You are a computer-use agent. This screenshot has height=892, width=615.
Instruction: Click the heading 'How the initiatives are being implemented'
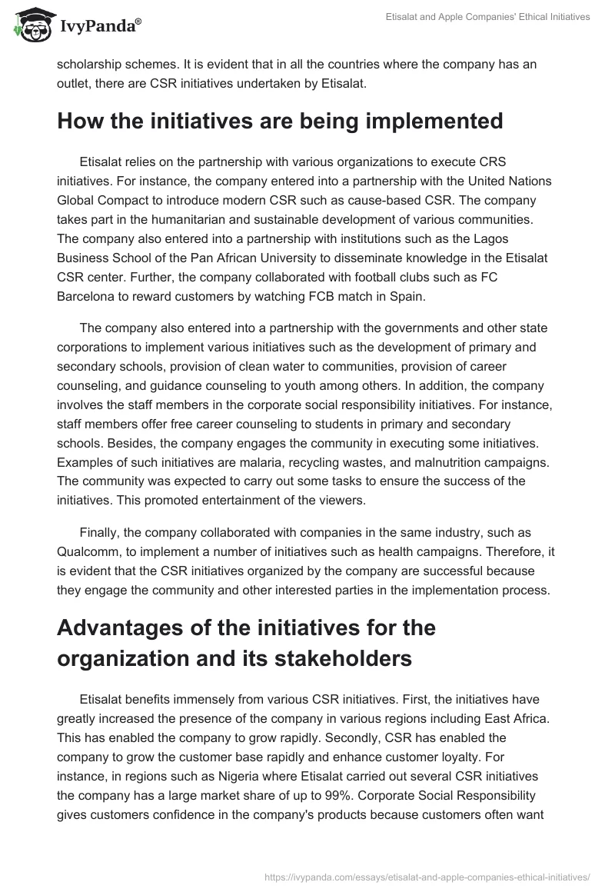tap(280, 121)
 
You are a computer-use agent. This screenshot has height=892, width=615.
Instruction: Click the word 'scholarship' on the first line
tap(89, 65)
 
